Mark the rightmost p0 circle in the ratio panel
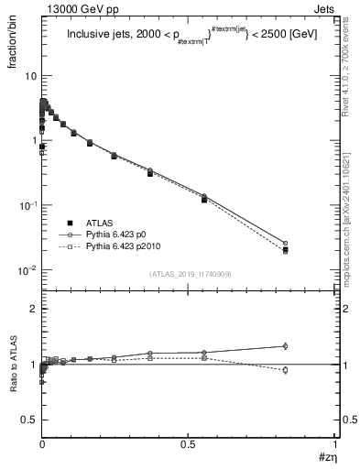pos(311,346)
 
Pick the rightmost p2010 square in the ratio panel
pos(311,370)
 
